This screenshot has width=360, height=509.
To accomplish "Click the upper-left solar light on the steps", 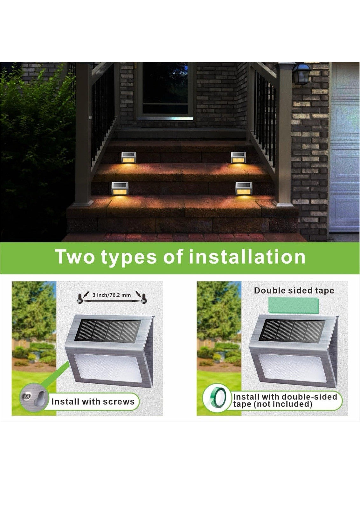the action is (x=129, y=157).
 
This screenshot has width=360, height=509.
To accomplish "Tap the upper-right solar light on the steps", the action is (x=239, y=157).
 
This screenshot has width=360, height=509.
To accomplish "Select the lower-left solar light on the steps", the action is (x=120, y=189).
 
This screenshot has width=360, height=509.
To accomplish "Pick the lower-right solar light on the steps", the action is (x=244, y=188).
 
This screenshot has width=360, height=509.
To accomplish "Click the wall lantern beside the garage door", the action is (x=302, y=73).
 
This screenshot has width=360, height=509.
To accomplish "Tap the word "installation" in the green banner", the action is (x=247, y=256).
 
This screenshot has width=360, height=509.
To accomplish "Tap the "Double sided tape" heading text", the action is (x=294, y=291).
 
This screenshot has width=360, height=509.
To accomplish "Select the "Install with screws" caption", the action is (x=93, y=401).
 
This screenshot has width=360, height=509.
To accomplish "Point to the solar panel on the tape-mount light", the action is (x=294, y=331).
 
